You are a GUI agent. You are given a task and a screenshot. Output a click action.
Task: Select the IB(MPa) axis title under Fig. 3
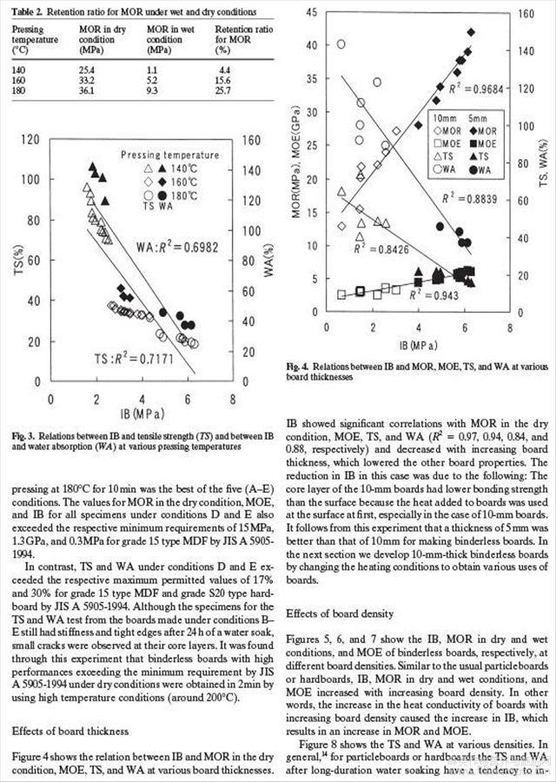(x=140, y=413)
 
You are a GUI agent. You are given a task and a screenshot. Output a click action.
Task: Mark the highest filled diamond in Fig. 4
(x=471, y=32)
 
